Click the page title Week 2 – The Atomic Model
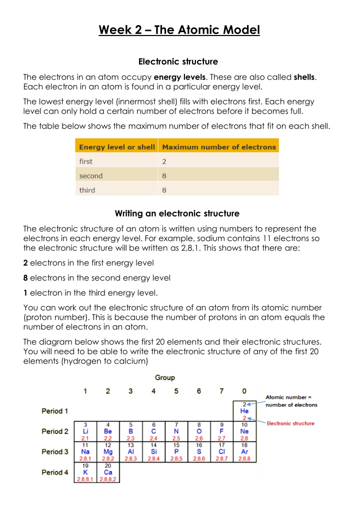coord(179,30)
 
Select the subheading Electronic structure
coord(178,62)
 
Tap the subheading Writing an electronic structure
coord(177,213)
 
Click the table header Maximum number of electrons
coord(219,147)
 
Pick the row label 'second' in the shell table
coord(91,176)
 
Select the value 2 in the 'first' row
coord(165,161)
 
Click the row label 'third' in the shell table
coord(87,190)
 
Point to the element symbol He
coord(244,411)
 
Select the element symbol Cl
coord(221,451)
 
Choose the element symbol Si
coord(153,451)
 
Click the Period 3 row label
coord(55,451)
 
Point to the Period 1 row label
coord(55,411)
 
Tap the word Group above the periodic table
coord(165,378)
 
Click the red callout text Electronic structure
coord(290,423)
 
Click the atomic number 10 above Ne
coord(244,424)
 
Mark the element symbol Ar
coord(244,451)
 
